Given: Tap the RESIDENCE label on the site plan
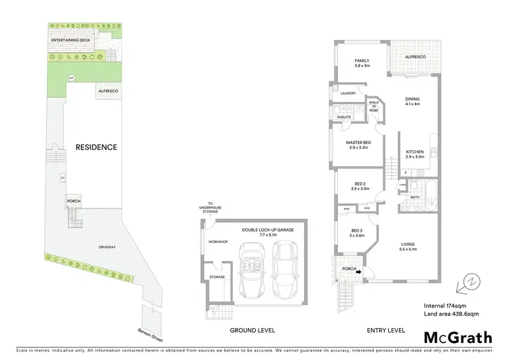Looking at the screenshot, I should coord(96,147).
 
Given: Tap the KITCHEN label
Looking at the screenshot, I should coord(415,152).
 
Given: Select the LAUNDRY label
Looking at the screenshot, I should coord(349,93).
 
